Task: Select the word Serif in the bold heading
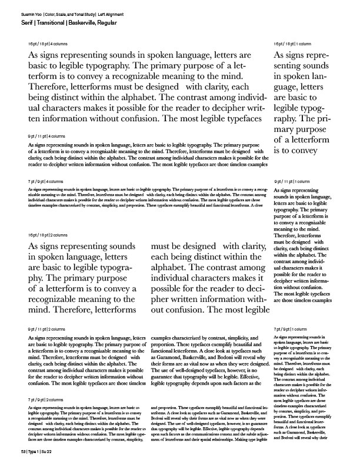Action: point(25,22)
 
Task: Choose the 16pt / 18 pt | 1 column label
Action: point(293,45)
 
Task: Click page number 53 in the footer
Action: point(23,451)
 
